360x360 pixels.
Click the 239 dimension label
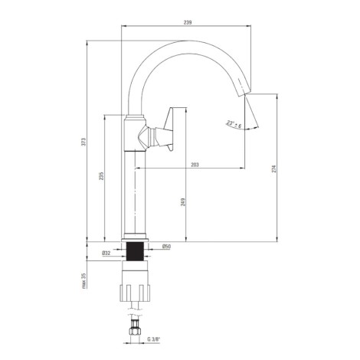pos(188,22)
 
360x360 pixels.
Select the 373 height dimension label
pos(84,142)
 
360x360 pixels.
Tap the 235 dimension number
pos(102,176)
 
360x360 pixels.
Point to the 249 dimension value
pos(183,201)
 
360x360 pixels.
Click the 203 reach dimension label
pos(195,165)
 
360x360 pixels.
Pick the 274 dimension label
pos(274,169)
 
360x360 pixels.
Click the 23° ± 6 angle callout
pos(234,124)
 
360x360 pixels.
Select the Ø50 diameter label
pos(166,247)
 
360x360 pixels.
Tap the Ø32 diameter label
pos(106,253)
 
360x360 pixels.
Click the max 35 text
pos(84,281)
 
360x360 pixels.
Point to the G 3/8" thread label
pos(153,339)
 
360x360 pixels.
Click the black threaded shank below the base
pos(135,251)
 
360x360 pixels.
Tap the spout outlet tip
pos(244,93)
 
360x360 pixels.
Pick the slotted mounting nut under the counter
pos(135,293)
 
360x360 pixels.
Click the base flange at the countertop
pos(135,240)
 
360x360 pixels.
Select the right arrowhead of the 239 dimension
pos(248,26)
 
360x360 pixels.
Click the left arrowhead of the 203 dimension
pos(137,168)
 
